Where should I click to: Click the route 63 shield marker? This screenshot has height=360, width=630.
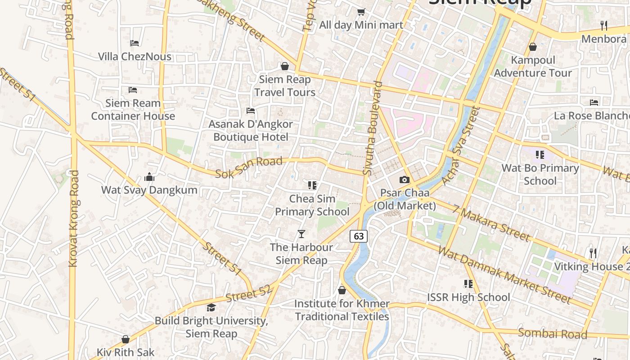point(358,236)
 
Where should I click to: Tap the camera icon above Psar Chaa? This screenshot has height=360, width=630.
point(404,180)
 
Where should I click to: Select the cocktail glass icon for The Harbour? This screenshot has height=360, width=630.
point(301,234)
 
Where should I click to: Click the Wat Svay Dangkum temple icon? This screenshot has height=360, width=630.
point(149,177)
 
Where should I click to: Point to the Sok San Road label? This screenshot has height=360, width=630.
point(248,167)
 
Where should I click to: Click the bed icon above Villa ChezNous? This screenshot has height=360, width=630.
point(135,43)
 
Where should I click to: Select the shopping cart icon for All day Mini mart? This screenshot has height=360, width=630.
point(361,12)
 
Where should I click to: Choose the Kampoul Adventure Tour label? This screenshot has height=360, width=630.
point(533,67)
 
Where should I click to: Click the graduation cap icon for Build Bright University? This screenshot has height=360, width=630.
point(211,307)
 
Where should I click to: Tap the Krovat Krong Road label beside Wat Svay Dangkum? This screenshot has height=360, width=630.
point(73,218)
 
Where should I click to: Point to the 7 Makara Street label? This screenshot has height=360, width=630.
point(491,222)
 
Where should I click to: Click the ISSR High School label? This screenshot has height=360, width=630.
point(468,297)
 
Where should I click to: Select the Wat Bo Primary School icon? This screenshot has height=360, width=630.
point(540,155)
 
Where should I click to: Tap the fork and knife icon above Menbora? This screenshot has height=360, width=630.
point(604,26)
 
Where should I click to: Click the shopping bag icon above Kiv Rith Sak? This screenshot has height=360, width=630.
point(126,339)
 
